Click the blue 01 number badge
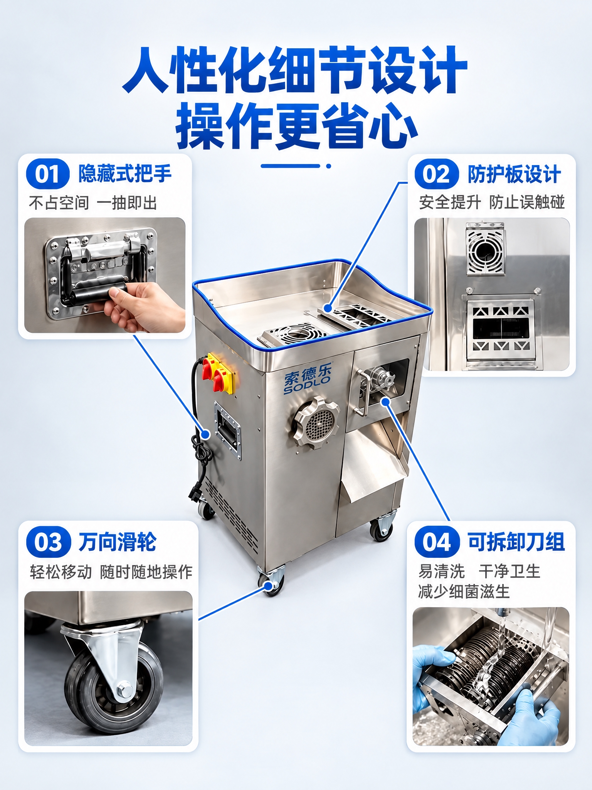coord(47,174)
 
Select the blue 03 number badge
coord(49,542)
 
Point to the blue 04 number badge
coord(437,542)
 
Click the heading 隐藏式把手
coord(125,174)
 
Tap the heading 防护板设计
coord(514,174)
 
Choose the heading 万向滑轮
coord(118,542)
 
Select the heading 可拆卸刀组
coord(516,542)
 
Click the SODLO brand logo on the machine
coord(308,380)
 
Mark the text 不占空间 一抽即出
coord(93,203)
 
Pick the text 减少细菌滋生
coord(464,591)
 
